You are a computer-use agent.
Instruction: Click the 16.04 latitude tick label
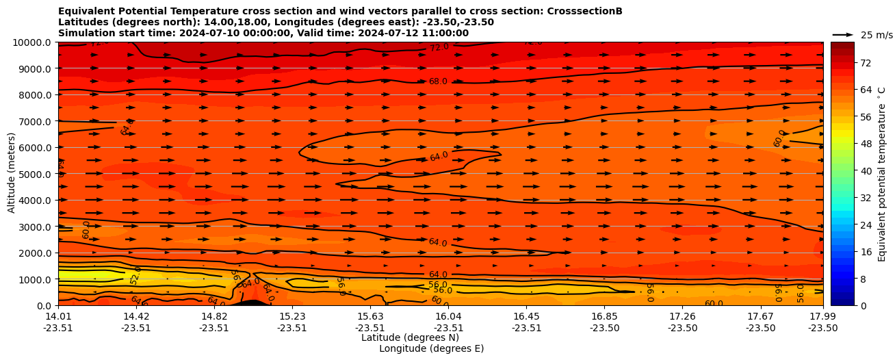[x=448, y=316]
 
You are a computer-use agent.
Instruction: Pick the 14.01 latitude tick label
[x=58, y=316]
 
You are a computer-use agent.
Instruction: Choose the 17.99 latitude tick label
[x=822, y=316]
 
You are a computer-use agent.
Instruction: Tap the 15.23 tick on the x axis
[x=292, y=316]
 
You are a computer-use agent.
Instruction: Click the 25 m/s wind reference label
[x=877, y=35]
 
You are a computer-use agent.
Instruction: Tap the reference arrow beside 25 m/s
[x=843, y=35]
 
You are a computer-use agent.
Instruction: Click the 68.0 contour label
[x=438, y=81]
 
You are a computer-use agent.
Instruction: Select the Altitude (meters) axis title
[x=12, y=174]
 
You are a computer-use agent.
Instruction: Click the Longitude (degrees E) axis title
[x=431, y=348]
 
